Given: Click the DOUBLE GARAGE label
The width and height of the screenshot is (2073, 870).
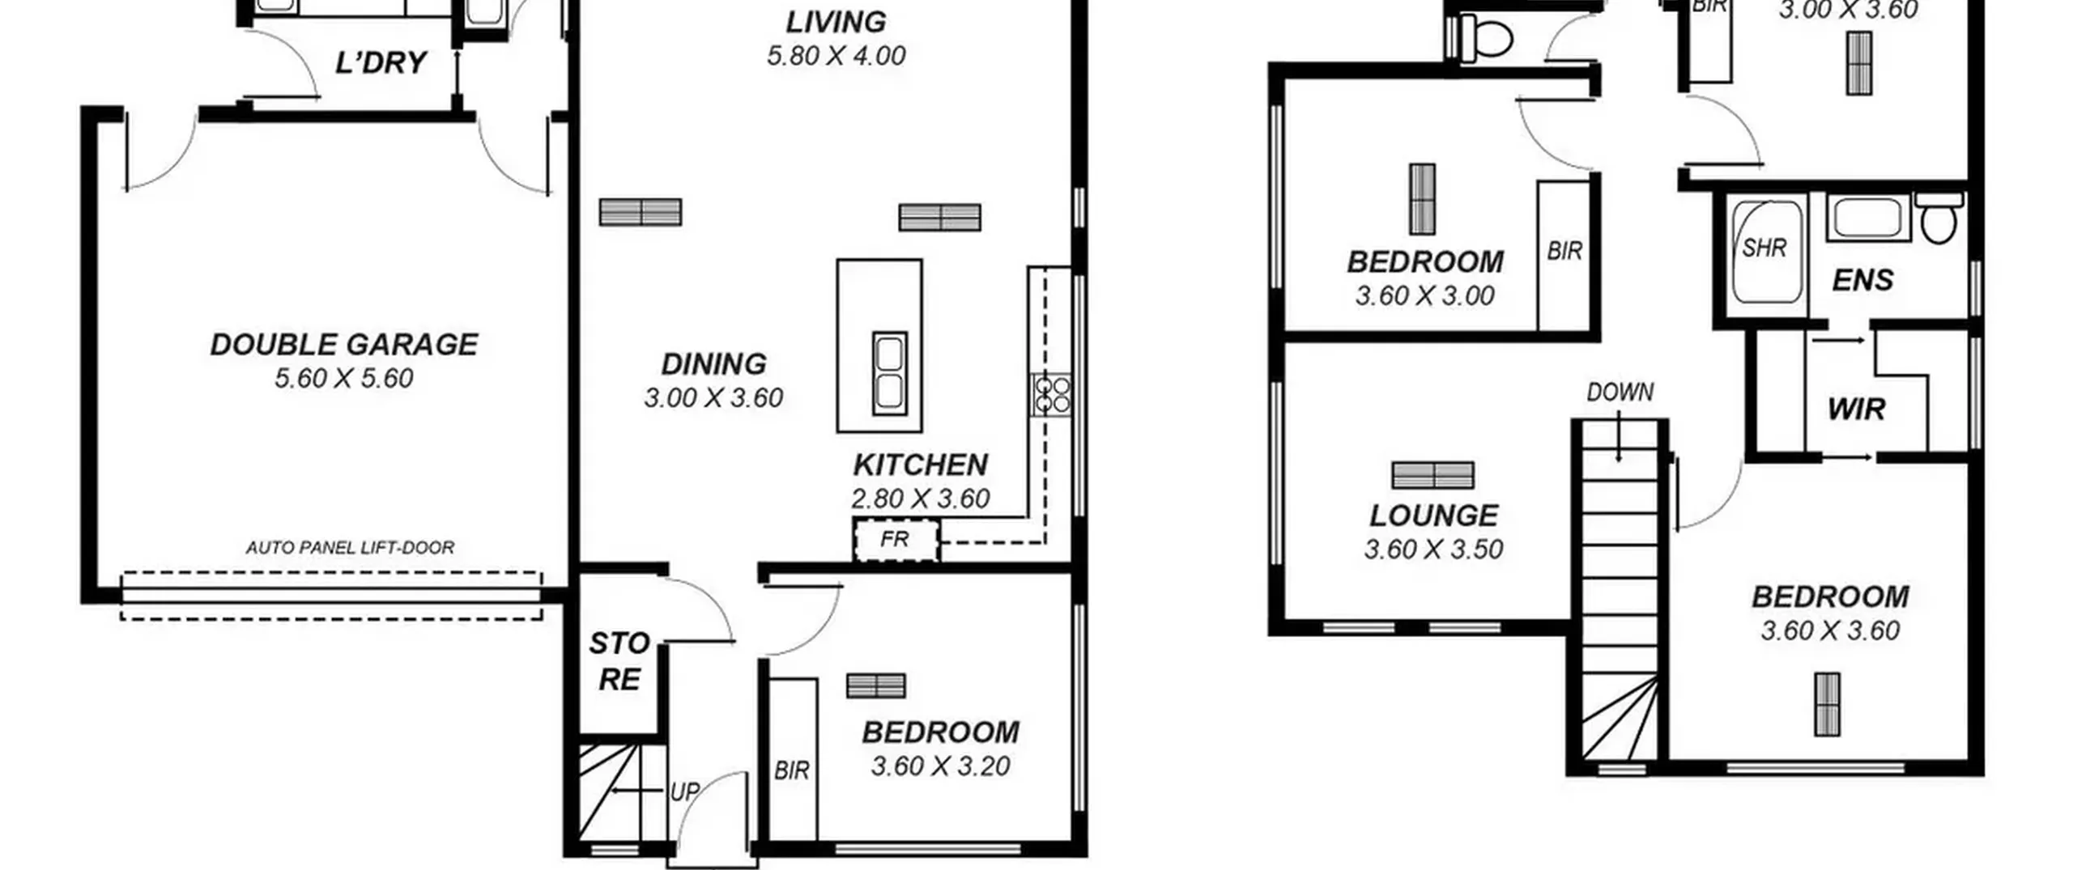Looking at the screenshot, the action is coord(344,345).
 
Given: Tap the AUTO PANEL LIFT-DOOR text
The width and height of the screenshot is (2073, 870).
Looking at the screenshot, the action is coord(350,548).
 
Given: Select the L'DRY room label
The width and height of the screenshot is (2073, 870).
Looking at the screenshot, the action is coord(381,62).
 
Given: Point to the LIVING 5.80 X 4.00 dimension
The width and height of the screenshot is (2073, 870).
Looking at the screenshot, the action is coord(836,56).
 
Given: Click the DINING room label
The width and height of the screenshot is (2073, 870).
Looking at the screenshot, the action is coord(713,364).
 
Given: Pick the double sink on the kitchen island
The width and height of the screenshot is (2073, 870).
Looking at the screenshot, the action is coord(890,372).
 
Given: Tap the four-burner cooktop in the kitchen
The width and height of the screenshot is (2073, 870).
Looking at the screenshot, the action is coord(1051,395).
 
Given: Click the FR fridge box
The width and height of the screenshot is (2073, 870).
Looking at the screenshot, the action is coord(896,540).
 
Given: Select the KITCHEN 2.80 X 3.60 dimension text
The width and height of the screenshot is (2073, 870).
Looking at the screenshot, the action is coord(921,499).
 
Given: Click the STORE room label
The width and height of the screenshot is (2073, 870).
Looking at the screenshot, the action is coord(619,661).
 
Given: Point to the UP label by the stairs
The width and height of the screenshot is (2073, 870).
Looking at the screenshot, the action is coord(684,792).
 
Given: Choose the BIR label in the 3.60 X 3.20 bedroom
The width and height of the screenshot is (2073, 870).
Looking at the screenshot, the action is coord(791,770).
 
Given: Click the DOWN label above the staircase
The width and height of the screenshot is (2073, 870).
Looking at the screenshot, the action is coord(1620,392).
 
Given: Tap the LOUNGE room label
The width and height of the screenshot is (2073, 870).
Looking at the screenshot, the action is coord(1433,516).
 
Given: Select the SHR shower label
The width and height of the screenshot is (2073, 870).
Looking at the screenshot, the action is coord(1764,248).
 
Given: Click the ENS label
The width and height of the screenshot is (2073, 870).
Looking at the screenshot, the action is coord(1862,280).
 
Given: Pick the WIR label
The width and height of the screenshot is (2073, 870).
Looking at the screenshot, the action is coord(1856,410).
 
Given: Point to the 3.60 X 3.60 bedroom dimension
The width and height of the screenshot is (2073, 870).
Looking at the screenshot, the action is coord(1830,630).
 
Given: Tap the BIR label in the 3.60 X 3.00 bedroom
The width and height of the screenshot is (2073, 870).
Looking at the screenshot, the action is coord(1564,251).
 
